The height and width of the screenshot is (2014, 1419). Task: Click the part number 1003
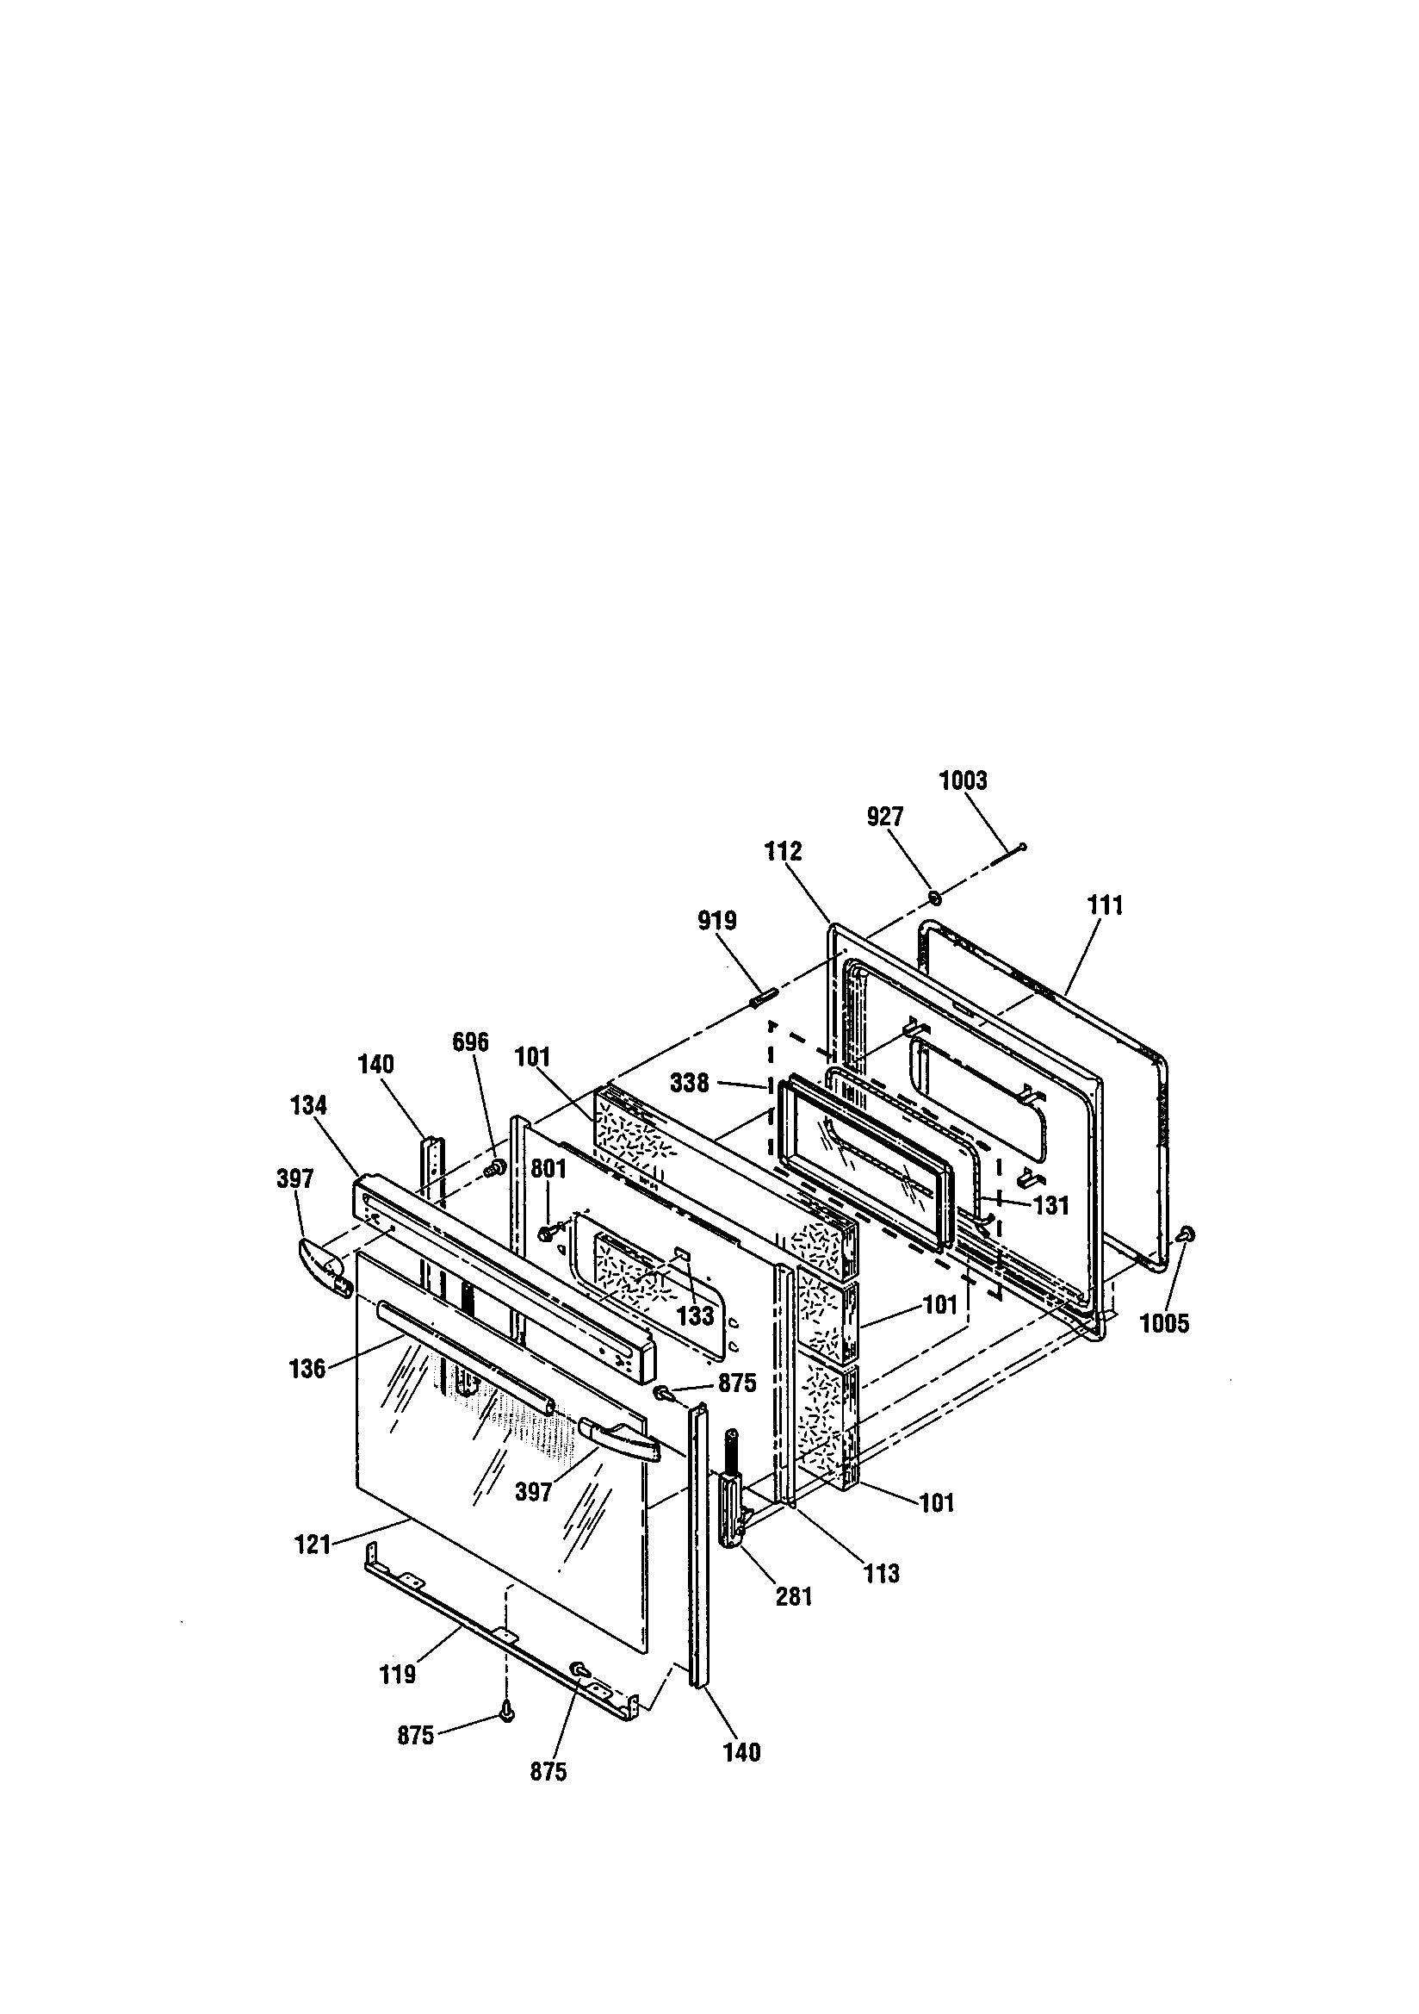[x=963, y=780]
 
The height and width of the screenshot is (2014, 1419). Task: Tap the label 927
[x=884, y=817]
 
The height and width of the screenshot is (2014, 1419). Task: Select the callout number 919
[x=716, y=921]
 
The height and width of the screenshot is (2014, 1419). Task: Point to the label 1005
[x=1164, y=1324]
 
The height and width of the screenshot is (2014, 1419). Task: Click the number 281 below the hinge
[x=794, y=1597]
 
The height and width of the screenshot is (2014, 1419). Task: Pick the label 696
[x=470, y=1042]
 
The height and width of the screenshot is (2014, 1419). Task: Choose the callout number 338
[x=690, y=1084]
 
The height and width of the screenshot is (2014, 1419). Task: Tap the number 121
[x=313, y=1545]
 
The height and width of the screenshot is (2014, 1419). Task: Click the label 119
[x=397, y=1675]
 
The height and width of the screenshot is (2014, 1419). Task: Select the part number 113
[x=881, y=1574]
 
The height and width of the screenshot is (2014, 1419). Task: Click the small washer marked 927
[x=935, y=898]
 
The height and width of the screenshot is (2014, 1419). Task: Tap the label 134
[x=309, y=1106]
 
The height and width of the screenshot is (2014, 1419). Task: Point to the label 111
[x=1105, y=905]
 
